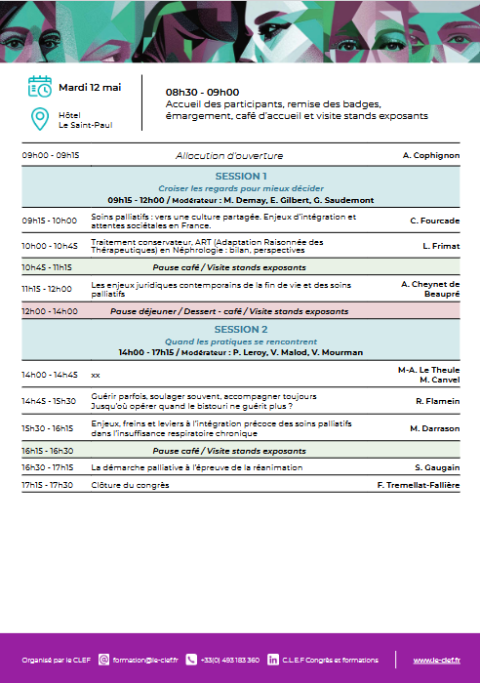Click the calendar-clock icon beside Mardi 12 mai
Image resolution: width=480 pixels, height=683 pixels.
[x=40, y=87]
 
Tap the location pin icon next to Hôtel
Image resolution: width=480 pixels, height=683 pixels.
[x=40, y=119]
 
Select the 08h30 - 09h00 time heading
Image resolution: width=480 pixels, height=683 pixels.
[x=202, y=92]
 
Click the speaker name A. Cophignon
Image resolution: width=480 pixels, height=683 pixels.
[x=430, y=155]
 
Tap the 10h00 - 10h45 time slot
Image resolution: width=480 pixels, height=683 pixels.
[x=50, y=246]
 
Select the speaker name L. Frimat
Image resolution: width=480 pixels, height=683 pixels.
[x=441, y=246]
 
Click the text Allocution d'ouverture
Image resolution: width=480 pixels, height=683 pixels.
[x=229, y=155]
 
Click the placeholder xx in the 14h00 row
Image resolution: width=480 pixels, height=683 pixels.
[x=96, y=374]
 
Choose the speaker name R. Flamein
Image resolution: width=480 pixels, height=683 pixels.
[x=437, y=401]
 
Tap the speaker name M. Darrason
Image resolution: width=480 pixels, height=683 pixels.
[x=434, y=428]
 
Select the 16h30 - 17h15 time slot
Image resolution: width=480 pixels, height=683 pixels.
[x=48, y=467]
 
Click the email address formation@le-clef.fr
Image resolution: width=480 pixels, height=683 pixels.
[x=143, y=661]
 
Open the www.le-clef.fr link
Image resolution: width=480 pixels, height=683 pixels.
[x=436, y=661]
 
